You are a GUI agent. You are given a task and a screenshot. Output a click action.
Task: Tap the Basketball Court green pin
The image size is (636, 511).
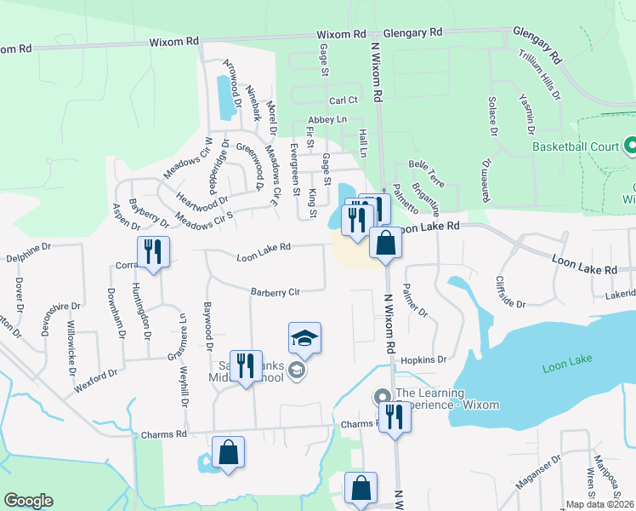click(630, 146)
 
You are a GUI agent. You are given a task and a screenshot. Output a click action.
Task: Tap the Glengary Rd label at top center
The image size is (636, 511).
click(413, 32)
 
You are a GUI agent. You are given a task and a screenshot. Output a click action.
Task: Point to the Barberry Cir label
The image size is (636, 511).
click(275, 292)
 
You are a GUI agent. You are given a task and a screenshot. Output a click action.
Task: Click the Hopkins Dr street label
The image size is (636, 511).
click(423, 360)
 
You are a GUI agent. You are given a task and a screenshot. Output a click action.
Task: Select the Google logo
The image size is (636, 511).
click(28, 501)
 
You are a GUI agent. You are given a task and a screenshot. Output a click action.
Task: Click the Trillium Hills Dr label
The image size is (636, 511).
click(540, 75)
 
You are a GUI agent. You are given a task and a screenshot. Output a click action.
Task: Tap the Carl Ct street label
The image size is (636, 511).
click(344, 100)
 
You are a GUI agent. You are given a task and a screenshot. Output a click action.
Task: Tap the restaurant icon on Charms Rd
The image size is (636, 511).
click(394, 417)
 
